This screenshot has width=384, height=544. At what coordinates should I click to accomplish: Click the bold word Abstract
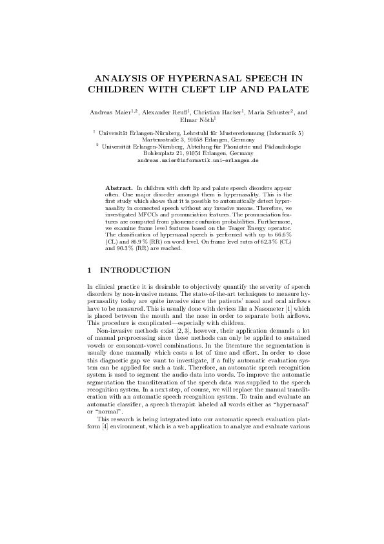[118, 187]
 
